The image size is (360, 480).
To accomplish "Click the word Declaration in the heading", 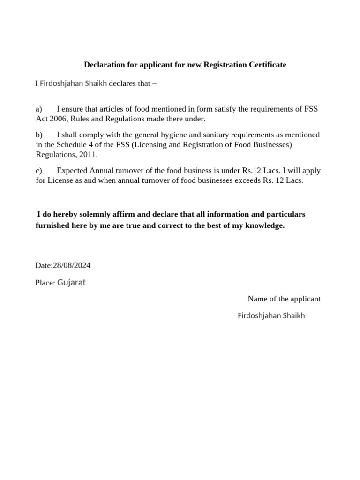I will pos(103,65).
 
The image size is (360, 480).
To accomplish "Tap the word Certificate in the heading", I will pos(267,65).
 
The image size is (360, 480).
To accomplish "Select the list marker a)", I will pos(39,109).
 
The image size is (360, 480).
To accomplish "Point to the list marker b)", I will pos(39,135).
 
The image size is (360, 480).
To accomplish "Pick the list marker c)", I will pos(39,170).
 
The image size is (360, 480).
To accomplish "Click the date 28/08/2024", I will pos(72,265).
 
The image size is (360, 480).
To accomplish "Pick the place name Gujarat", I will pos(71,283).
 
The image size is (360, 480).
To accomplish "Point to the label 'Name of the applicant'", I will pos(284,299).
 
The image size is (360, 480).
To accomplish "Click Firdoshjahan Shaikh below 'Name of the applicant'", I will pos(271,315).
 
